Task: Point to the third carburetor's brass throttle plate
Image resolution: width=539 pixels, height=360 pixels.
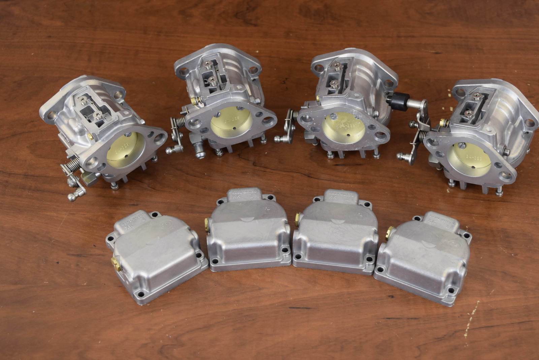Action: pyautogui.click(x=343, y=129)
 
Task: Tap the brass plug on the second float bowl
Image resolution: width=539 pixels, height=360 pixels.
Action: pyautogui.click(x=207, y=224)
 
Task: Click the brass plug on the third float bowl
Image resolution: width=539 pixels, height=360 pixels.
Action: pyautogui.click(x=297, y=219)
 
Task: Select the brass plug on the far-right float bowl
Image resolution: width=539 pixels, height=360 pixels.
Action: pyautogui.click(x=390, y=231)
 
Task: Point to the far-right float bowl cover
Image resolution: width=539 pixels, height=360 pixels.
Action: pyautogui.click(x=424, y=258)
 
